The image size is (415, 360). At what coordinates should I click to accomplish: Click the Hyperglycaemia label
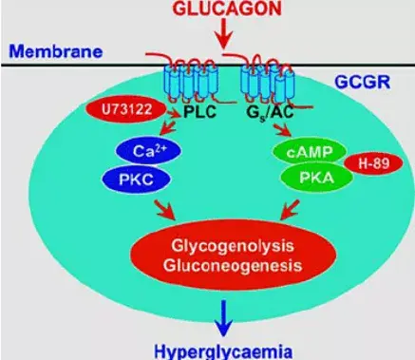[x=221, y=349]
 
